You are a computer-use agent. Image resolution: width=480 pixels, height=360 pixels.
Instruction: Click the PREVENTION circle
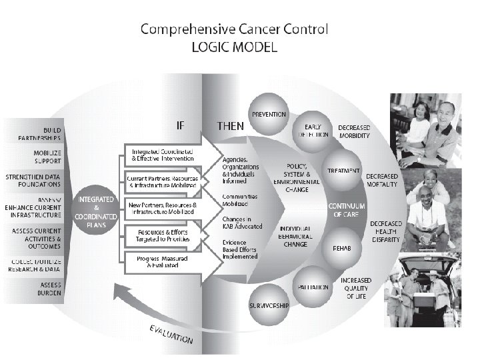click(269, 114)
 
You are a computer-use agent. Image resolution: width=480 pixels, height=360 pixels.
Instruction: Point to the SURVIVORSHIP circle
click(268, 305)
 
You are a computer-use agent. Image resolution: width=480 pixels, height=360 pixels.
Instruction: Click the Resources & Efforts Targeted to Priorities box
click(163, 235)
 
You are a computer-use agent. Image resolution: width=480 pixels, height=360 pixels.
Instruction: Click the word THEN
click(231, 125)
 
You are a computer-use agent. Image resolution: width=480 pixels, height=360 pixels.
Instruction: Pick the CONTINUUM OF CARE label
click(347, 211)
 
